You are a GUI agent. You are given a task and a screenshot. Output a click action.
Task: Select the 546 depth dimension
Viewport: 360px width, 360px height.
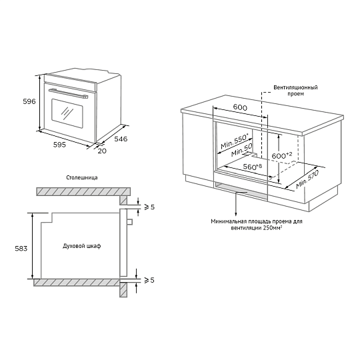coord(121,139)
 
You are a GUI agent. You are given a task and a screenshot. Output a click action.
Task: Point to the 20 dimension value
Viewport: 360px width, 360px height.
coord(101,151)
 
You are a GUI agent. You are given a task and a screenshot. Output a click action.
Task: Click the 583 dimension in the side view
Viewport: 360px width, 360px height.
coord(21,248)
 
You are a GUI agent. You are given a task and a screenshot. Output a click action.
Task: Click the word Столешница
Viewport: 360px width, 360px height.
coord(83,178)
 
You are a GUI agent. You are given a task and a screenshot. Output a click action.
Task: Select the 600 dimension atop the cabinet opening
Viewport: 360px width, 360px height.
coord(241,107)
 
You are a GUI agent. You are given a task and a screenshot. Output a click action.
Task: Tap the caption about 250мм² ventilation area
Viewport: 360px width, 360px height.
coord(257,223)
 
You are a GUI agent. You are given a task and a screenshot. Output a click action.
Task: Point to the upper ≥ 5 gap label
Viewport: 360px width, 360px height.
coord(149,207)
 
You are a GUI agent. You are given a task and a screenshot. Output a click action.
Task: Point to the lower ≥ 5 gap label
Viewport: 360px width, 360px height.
coord(149,280)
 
